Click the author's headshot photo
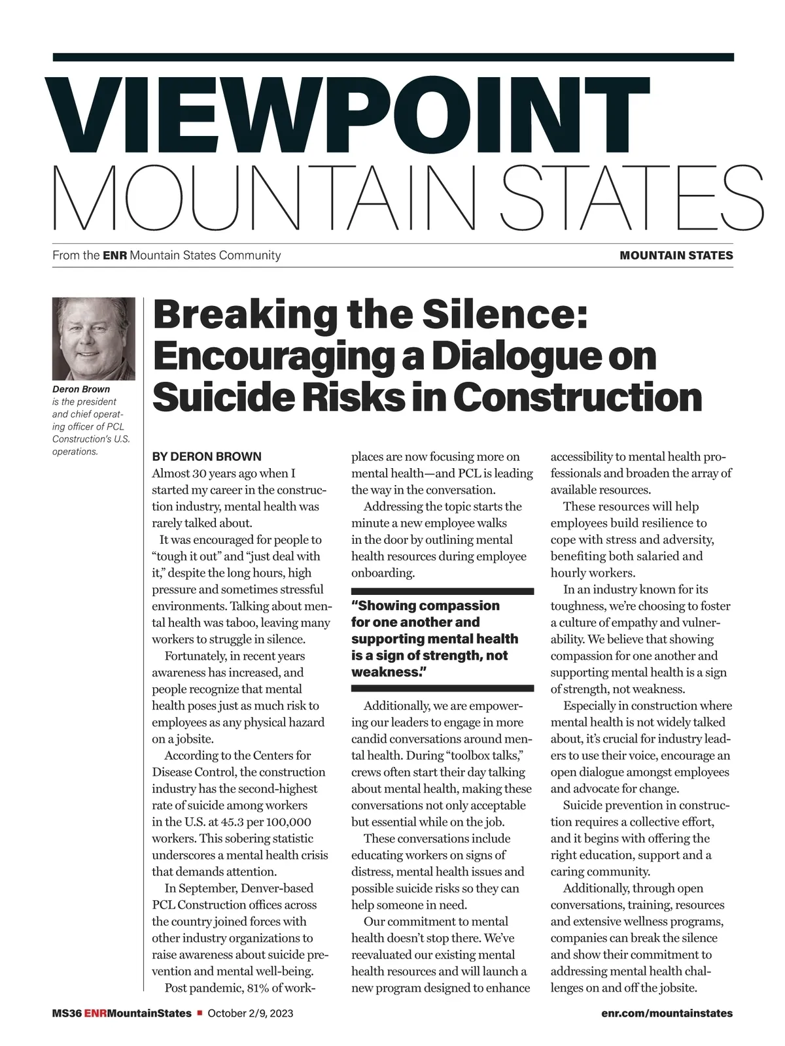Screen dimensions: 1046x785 (x=94, y=339)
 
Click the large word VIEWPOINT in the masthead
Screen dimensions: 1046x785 (x=347, y=116)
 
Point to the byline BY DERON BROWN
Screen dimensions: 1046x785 (x=207, y=456)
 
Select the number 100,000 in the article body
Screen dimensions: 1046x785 (x=285, y=822)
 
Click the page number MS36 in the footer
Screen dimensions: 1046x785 (x=66, y=1013)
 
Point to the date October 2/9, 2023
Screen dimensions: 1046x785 (x=251, y=1013)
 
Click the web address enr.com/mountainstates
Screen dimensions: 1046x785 (x=667, y=1013)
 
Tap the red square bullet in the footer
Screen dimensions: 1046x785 (x=200, y=1013)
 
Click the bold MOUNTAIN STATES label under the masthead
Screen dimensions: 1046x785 (x=676, y=256)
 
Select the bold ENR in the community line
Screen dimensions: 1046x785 (x=114, y=256)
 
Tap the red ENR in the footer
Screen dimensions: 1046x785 (x=95, y=1013)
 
